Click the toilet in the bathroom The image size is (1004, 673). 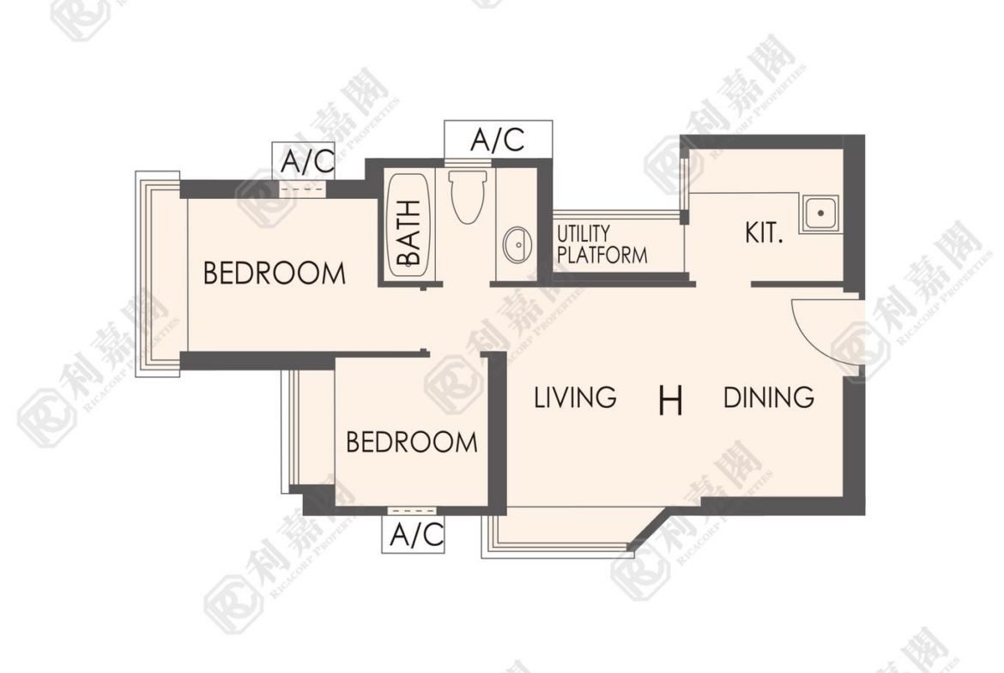468,195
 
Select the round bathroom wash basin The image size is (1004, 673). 517,245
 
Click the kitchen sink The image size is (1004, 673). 819,213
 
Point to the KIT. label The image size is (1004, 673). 764,233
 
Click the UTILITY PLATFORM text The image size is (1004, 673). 602,244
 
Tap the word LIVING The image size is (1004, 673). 575,397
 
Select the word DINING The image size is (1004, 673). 768,398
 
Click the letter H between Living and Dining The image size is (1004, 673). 670,401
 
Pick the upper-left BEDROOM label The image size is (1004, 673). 274,273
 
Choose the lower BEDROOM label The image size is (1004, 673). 412,442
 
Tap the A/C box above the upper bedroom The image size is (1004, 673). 305,160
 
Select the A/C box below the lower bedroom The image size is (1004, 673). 414,534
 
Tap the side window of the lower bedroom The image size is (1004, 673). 292,431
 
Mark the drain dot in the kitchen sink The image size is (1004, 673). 820,213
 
